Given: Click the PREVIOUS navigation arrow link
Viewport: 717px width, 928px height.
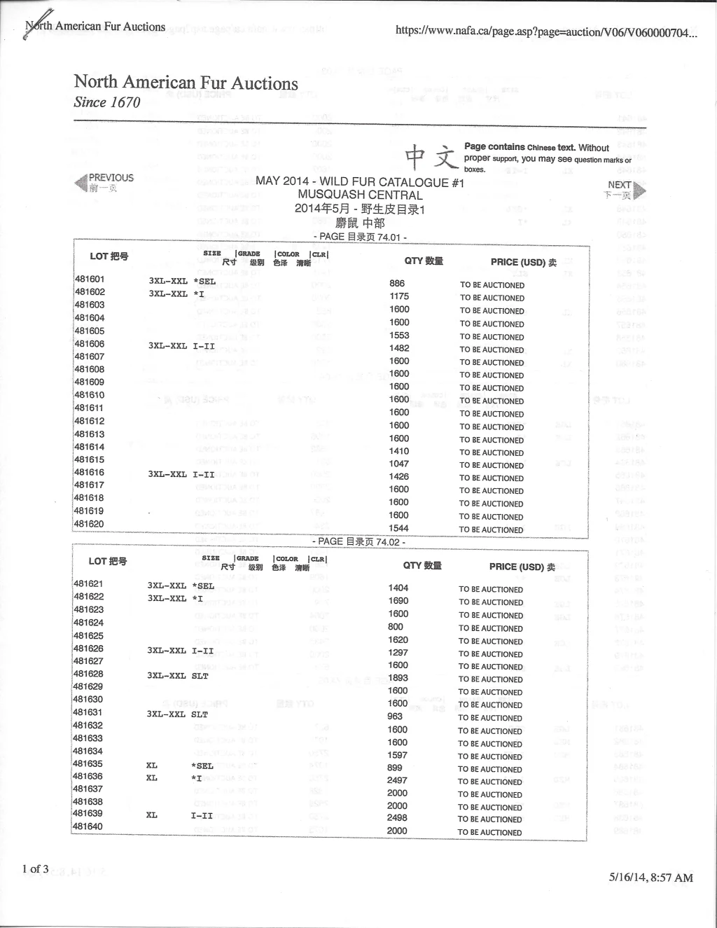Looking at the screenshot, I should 104,182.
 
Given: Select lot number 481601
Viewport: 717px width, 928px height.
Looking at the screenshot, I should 89,279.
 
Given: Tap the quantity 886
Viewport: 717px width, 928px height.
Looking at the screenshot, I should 397,284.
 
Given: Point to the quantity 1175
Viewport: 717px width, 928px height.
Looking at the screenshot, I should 399,296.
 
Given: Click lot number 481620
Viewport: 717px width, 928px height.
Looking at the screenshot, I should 89,524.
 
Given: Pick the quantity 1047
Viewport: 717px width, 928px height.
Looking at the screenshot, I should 399,464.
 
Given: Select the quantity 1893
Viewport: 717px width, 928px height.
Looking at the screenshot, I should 398,678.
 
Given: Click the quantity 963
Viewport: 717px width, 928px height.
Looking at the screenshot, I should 395,716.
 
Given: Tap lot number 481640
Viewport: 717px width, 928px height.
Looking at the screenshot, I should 88,826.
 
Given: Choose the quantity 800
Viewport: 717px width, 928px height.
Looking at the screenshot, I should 396,627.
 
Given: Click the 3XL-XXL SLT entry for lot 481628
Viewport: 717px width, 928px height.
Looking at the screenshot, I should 177,676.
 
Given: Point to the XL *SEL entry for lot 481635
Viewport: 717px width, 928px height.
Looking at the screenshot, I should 179,766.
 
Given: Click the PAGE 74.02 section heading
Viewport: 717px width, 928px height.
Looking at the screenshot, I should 358,541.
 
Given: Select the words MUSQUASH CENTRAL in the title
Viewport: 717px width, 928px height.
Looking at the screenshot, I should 360,195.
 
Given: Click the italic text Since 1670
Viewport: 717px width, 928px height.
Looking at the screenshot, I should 107,102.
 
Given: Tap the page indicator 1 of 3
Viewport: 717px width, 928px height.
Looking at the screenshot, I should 35,869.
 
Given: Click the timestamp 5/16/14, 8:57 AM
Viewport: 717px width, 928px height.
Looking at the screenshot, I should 651,878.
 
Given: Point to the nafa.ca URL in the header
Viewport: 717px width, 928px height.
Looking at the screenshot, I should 546,32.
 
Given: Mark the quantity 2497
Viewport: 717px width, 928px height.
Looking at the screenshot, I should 397,780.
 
